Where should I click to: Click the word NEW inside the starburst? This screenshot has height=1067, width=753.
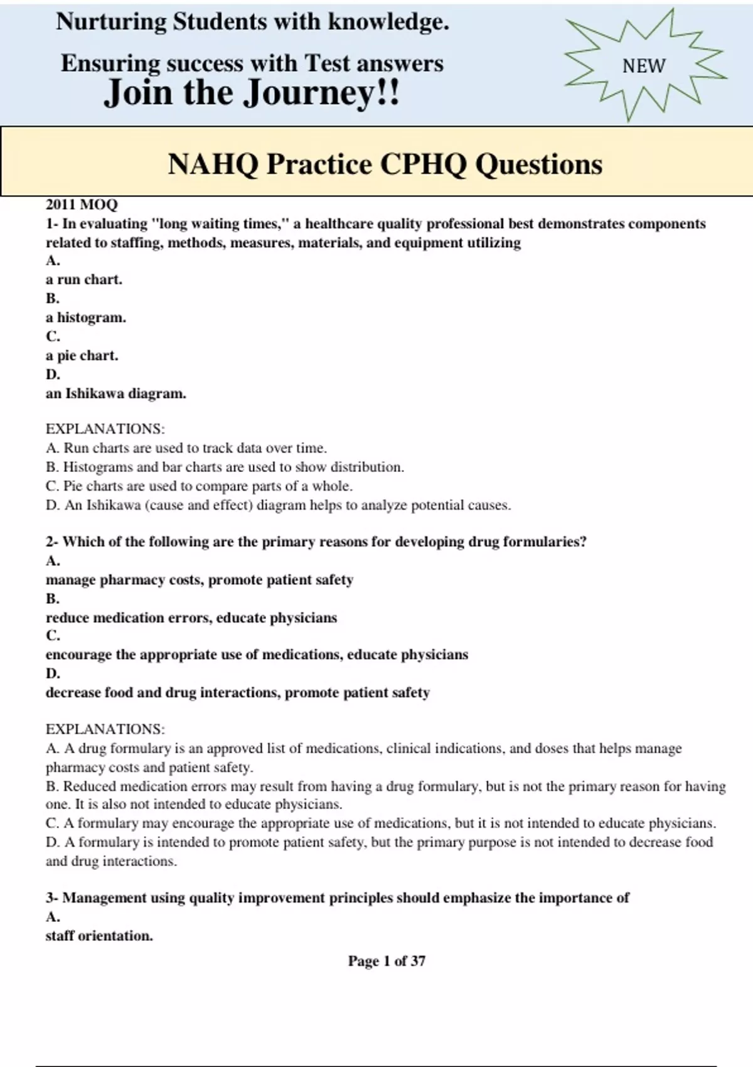point(643,66)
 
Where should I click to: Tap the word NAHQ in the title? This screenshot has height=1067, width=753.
point(213,164)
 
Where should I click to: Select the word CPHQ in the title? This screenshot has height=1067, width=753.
point(424,164)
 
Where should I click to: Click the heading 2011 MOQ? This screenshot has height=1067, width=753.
point(82,205)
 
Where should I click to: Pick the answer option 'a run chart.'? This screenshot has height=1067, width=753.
point(84,280)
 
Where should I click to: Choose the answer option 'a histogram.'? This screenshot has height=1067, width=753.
point(86,318)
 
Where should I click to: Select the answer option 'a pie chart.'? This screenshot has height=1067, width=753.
point(82,356)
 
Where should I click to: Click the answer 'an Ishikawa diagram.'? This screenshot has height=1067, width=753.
point(116,394)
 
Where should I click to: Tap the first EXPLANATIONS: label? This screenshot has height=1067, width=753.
point(105,429)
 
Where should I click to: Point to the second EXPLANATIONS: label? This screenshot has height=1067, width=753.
point(105,729)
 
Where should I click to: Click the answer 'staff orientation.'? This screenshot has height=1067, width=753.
point(99,936)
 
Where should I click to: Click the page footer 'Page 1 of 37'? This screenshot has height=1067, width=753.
point(387,961)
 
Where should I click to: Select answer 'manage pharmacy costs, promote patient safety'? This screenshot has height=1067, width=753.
point(200,580)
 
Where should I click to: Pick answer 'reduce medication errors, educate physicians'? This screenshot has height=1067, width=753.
point(191,618)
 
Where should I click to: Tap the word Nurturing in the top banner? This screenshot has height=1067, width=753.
point(110,22)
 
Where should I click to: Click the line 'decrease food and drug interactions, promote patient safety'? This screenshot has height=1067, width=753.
point(238,693)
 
